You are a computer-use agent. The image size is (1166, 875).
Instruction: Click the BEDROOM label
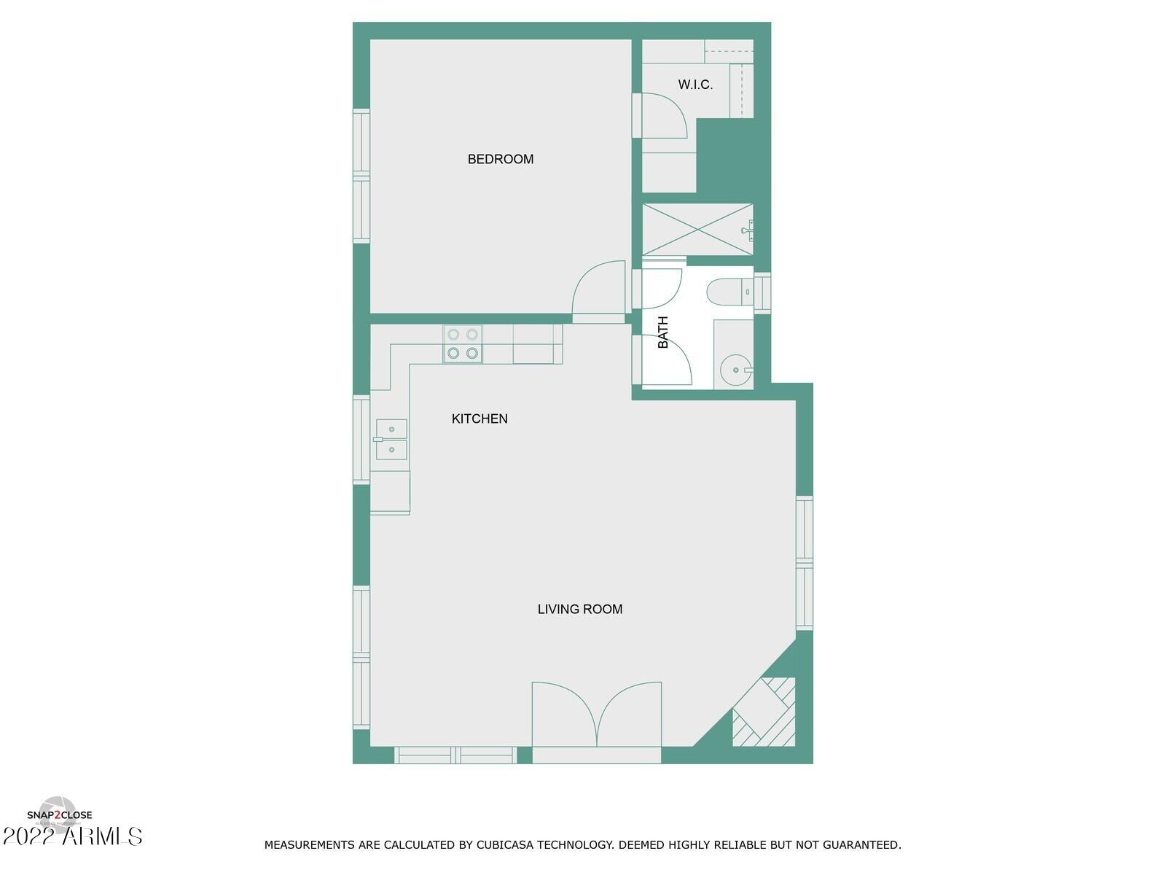[x=500, y=159]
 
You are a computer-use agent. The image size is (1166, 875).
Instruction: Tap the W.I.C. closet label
[x=695, y=85]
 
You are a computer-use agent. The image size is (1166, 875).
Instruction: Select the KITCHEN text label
[x=480, y=419]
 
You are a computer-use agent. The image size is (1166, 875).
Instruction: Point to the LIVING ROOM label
[x=580, y=609]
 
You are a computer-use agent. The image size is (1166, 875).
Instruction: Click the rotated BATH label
[x=663, y=332]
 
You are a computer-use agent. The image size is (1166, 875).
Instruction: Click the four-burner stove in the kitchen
[x=463, y=344]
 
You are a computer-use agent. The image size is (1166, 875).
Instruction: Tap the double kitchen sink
[x=391, y=439]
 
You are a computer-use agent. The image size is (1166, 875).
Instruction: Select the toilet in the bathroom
[x=729, y=292]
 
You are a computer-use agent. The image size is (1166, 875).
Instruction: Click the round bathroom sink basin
[x=735, y=370]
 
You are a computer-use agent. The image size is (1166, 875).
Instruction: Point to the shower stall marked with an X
[x=697, y=230]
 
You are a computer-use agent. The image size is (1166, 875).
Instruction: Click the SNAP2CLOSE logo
[x=60, y=815]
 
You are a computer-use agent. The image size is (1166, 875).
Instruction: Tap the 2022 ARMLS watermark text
[x=73, y=836]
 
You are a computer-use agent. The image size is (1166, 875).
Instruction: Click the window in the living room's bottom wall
[x=455, y=755]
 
